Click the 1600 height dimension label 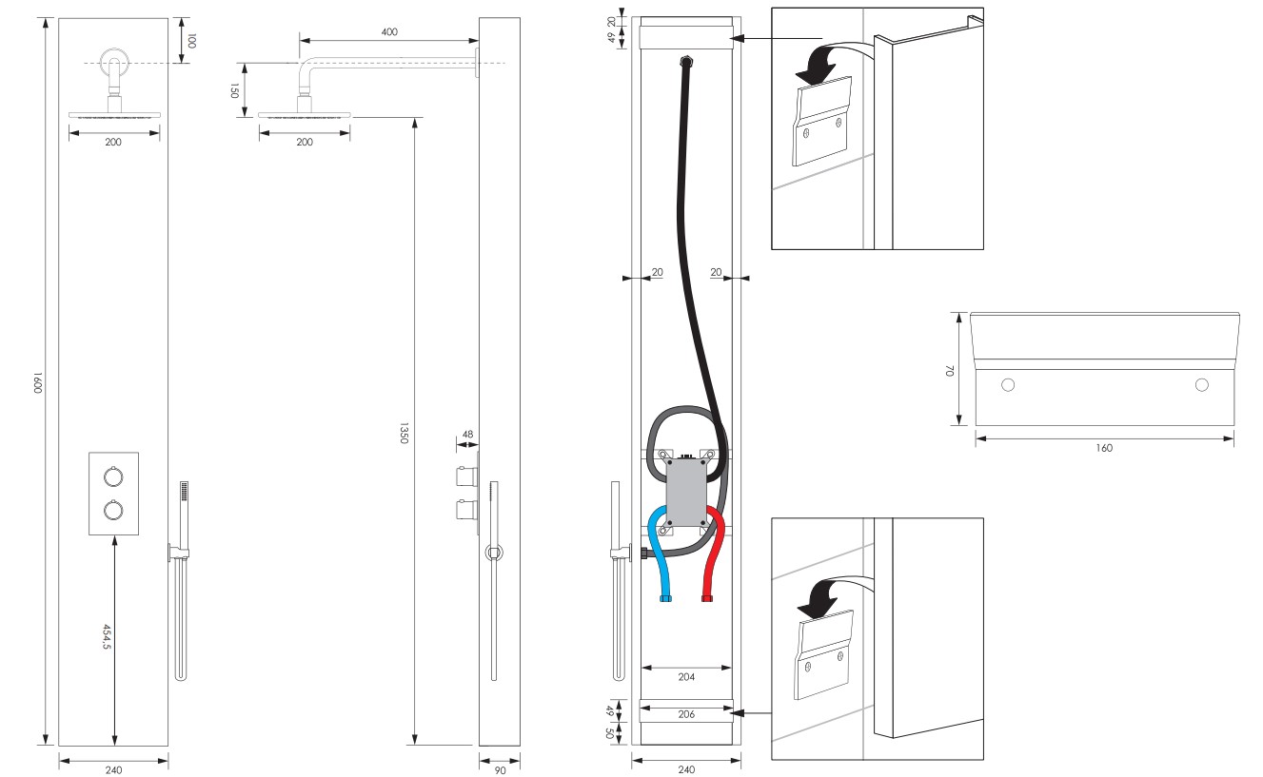pyautogui.click(x=38, y=381)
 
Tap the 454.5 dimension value pyautogui.click(x=107, y=636)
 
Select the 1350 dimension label pyautogui.click(x=404, y=433)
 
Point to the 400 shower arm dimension pyautogui.click(x=389, y=32)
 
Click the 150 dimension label pyautogui.click(x=234, y=90)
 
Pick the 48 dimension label pyautogui.click(x=467, y=435)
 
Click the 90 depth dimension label pyautogui.click(x=500, y=770)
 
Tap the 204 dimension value pyautogui.click(x=686, y=677)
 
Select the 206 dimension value pyautogui.click(x=686, y=714)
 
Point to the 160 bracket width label pyautogui.click(x=1104, y=448)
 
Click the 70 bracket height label pyautogui.click(x=950, y=371)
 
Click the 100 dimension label pyautogui.click(x=191, y=41)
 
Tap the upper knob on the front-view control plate pyautogui.click(x=113, y=476)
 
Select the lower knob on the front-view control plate pyautogui.click(x=113, y=510)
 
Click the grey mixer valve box pyautogui.click(x=686, y=492)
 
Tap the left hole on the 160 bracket pyautogui.click(x=1008, y=385)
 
